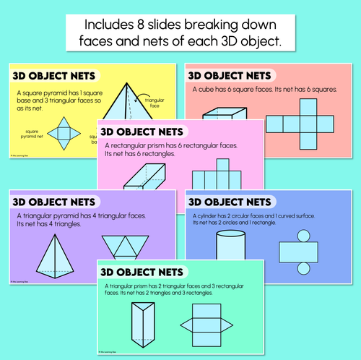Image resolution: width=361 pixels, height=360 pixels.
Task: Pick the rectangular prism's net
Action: click(216, 176)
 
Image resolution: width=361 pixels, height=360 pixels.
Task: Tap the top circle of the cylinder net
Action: click(301, 234)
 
